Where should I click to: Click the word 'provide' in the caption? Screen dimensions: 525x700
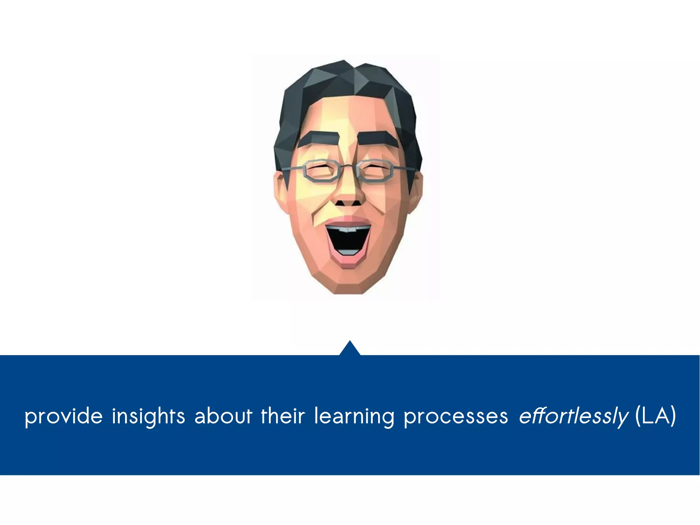64,416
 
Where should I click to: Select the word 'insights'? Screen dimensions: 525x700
148,416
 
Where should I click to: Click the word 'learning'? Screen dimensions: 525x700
354,416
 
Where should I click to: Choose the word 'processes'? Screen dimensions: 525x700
456,416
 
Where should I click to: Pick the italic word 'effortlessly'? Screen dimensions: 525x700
574,416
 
